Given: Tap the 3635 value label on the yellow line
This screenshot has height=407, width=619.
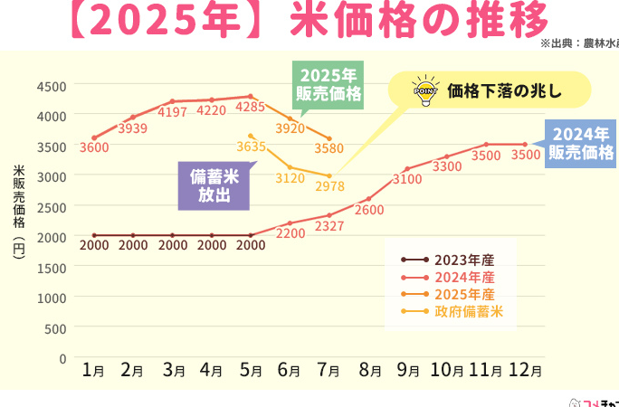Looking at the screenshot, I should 250,146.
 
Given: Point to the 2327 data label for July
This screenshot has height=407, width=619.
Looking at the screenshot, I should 329,226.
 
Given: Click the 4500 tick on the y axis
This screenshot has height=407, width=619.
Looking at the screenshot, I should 52,86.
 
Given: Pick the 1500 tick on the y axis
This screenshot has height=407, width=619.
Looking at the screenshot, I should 52,267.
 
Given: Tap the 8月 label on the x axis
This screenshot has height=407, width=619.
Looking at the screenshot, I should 370,370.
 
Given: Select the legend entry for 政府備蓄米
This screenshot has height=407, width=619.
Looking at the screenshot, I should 468,312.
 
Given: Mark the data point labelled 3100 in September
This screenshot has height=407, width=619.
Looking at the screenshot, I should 408,168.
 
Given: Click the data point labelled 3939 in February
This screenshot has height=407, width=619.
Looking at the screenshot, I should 133,117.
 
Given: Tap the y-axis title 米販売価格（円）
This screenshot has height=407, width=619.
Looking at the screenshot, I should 19,213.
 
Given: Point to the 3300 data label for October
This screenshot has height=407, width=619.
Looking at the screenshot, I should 446,166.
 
